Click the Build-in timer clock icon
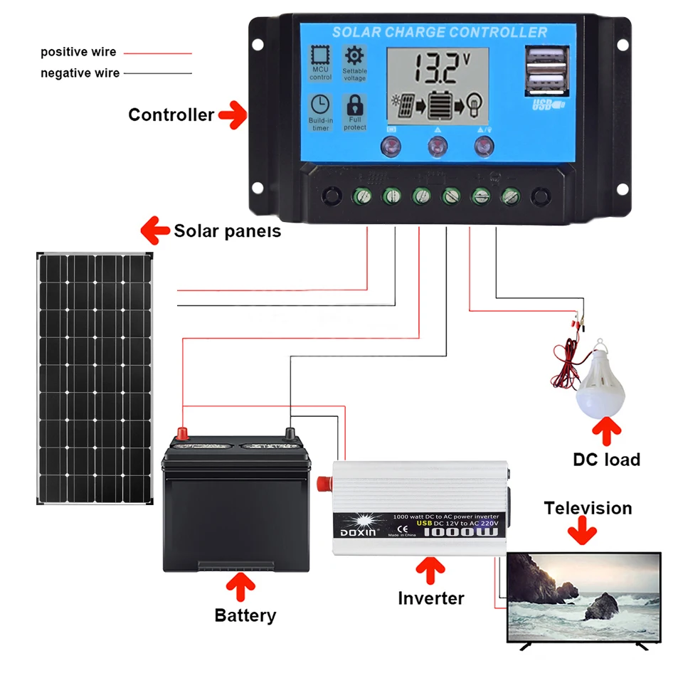(320, 105)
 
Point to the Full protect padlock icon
(354, 107)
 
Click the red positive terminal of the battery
(182, 432)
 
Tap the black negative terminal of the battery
(290, 432)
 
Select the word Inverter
(431, 598)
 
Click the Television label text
(588, 508)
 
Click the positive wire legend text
(78, 53)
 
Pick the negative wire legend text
(80, 73)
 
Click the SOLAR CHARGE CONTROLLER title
(440, 32)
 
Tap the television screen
(584, 598)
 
